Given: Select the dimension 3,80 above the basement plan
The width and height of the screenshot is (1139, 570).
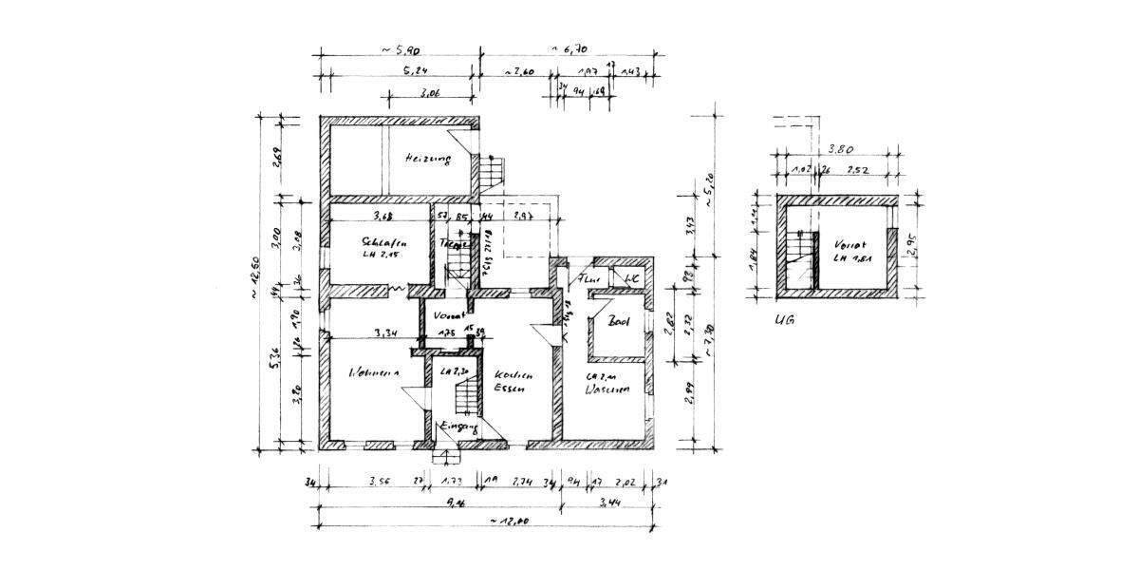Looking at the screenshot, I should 839,149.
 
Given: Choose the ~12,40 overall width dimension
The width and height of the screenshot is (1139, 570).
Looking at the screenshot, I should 509,522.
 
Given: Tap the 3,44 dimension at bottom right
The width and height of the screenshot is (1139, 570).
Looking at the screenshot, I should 607,504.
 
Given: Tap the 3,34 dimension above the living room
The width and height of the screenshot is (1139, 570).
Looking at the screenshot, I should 384,332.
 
